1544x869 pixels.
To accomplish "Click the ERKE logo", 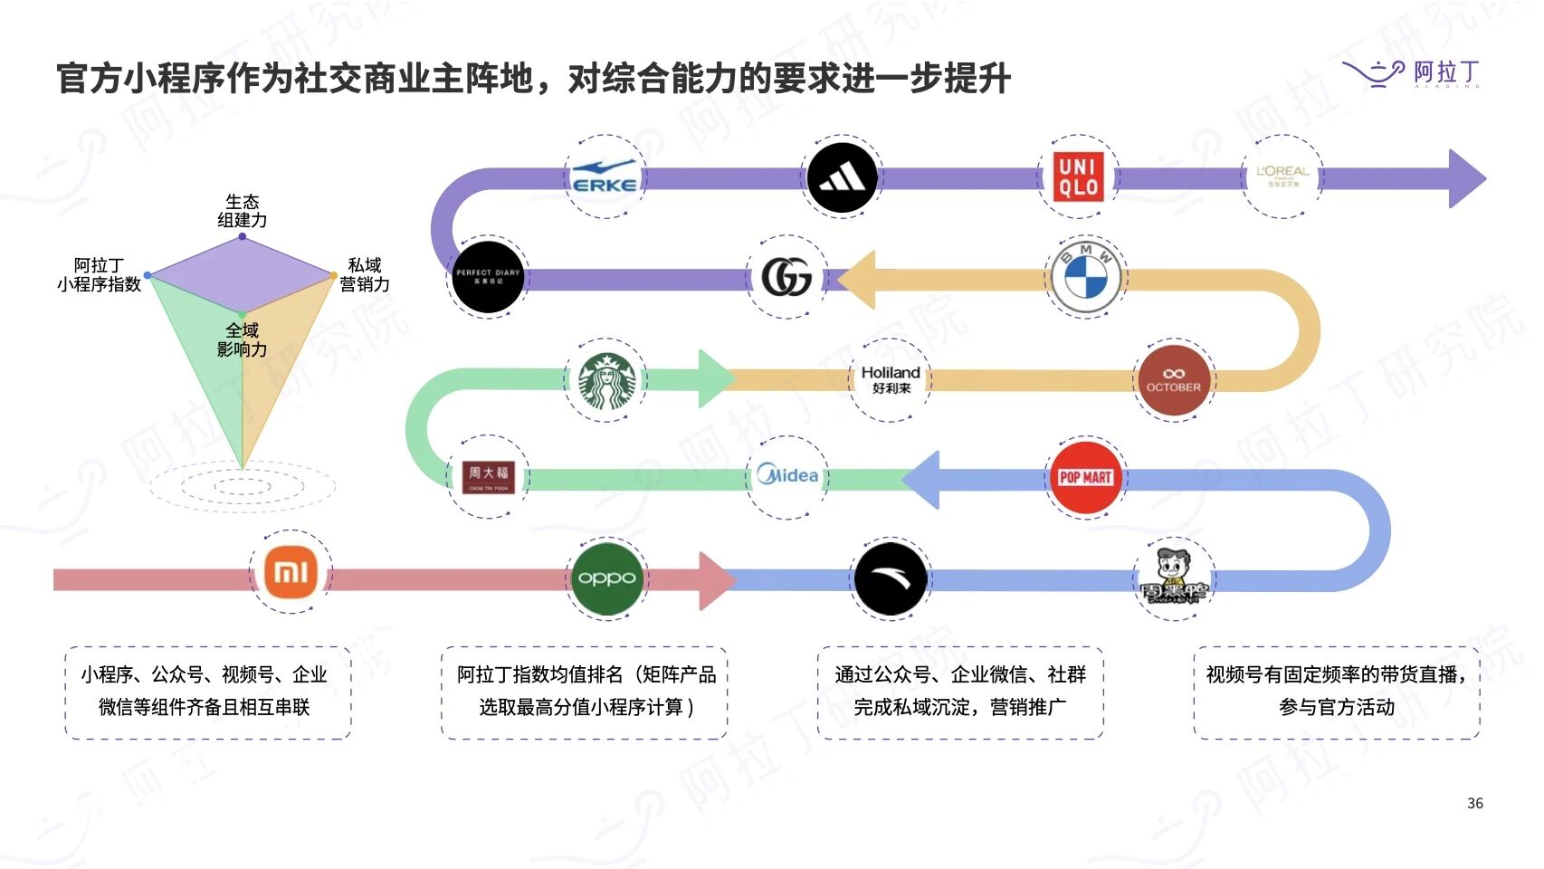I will click(605, 177).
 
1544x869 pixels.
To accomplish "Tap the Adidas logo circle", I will click(842, 178).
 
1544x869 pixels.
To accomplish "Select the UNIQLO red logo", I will click(1079, 177).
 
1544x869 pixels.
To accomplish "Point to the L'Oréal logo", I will click(1282, 177).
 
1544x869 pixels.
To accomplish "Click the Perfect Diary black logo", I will click(488, 276).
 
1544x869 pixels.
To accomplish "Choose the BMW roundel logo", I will click(1085, 276).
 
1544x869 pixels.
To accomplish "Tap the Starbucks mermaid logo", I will click(605, 381).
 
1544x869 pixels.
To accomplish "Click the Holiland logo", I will click(891, 379).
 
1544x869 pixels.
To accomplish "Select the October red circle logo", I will click(1173, 379).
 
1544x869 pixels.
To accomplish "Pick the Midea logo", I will click(787, 476).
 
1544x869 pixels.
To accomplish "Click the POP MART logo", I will click(1085, 477).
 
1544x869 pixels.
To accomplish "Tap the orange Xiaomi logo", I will click(291, 572).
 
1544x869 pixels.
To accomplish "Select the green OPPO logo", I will click(606, 578).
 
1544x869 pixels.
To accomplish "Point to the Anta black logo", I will click(891, 578).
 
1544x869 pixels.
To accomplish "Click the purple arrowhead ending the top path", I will click(1465, 178).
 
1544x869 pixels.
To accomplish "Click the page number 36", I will click(1474, 803).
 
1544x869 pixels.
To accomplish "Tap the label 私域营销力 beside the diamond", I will click(365, 274).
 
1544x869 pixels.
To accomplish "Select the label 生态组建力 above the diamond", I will click(242, 210).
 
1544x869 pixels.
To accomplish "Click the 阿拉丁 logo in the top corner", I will click(1411, 72).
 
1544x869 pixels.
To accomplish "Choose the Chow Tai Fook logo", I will click(488, 476).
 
